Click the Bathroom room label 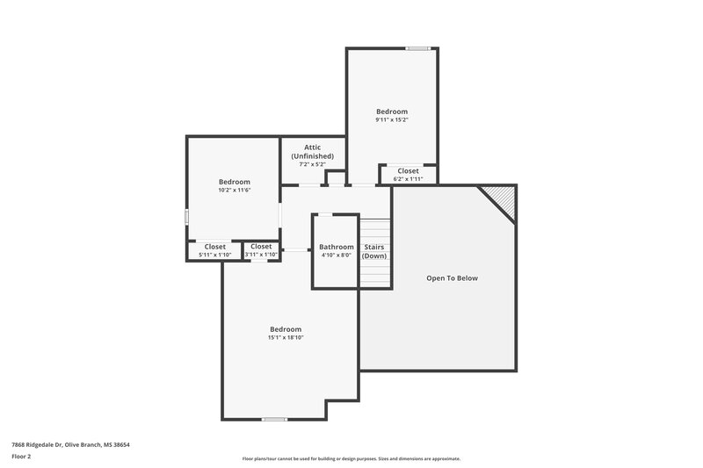click(337, 247)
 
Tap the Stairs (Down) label click(374, 251)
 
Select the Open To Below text click(453, 278)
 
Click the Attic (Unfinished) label click(313, 151)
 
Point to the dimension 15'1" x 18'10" click(286, 338)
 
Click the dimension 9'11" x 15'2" click(392, 120)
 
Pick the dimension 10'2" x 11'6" click(235, 191)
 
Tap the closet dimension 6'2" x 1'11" click(408, 179)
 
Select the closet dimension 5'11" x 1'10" click(215, 256)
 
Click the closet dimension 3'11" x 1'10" click(261, 256)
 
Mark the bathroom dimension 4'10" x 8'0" click(337, 256)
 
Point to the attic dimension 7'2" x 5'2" click(313, 164)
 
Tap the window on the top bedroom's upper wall click(417, 48)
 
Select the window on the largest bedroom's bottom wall click(274, 419)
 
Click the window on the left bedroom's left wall click(186, 216)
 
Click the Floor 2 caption click(22, 457)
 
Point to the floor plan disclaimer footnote click(351, 459)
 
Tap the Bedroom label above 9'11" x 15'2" click(392, 112)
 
